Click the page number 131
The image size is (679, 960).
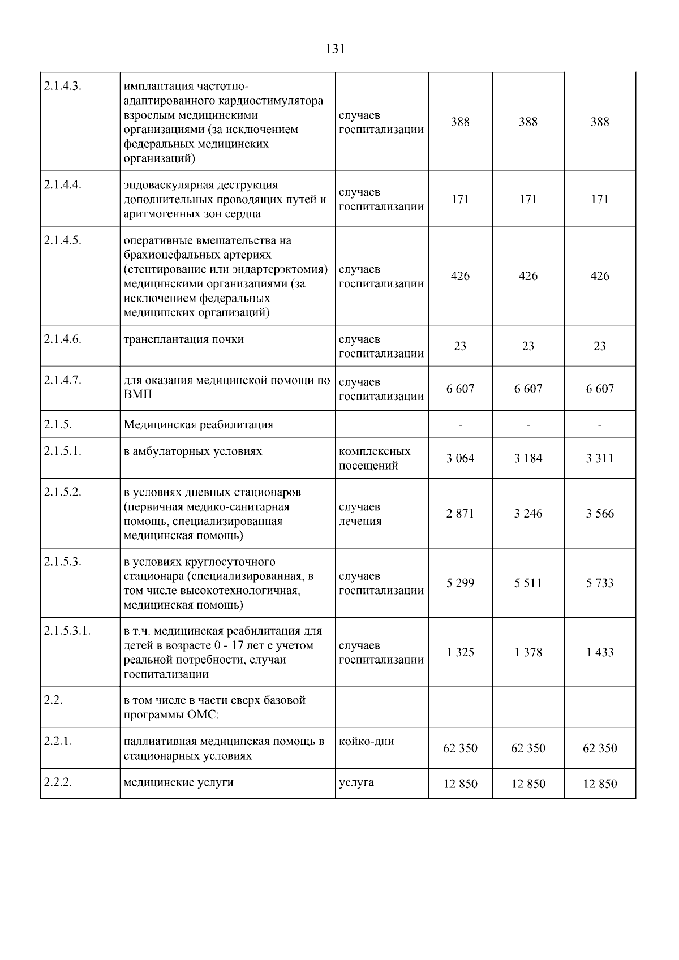tap(336, 49)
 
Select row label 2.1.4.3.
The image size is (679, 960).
tap(63, 87)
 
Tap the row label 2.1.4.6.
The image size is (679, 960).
tap(63, 339)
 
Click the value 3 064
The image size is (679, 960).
tap(460, 458)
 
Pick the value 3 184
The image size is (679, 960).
tap(528, 458)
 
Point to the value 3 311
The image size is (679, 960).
tap(600, 458)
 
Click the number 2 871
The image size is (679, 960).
tap(460, 514)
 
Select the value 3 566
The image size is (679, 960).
tap(600, 514)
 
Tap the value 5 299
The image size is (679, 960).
tap(460, 583)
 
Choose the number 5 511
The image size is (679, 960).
tap(528, 583)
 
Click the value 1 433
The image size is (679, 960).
tap(600, 652)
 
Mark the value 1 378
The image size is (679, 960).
tap(528, 652)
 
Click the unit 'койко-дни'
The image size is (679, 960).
tap(367, 741)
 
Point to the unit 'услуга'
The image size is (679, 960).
tap(356, 782)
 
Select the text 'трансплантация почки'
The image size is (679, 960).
tap(184, 339)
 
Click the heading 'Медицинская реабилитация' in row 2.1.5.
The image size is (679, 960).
tap(199, 424)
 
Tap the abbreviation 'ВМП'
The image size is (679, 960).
tap(137, 394)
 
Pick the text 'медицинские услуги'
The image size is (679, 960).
tap(179, 782)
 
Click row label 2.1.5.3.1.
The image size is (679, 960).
tap(67, 631)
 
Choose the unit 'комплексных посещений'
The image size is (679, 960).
tap(375, 458)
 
